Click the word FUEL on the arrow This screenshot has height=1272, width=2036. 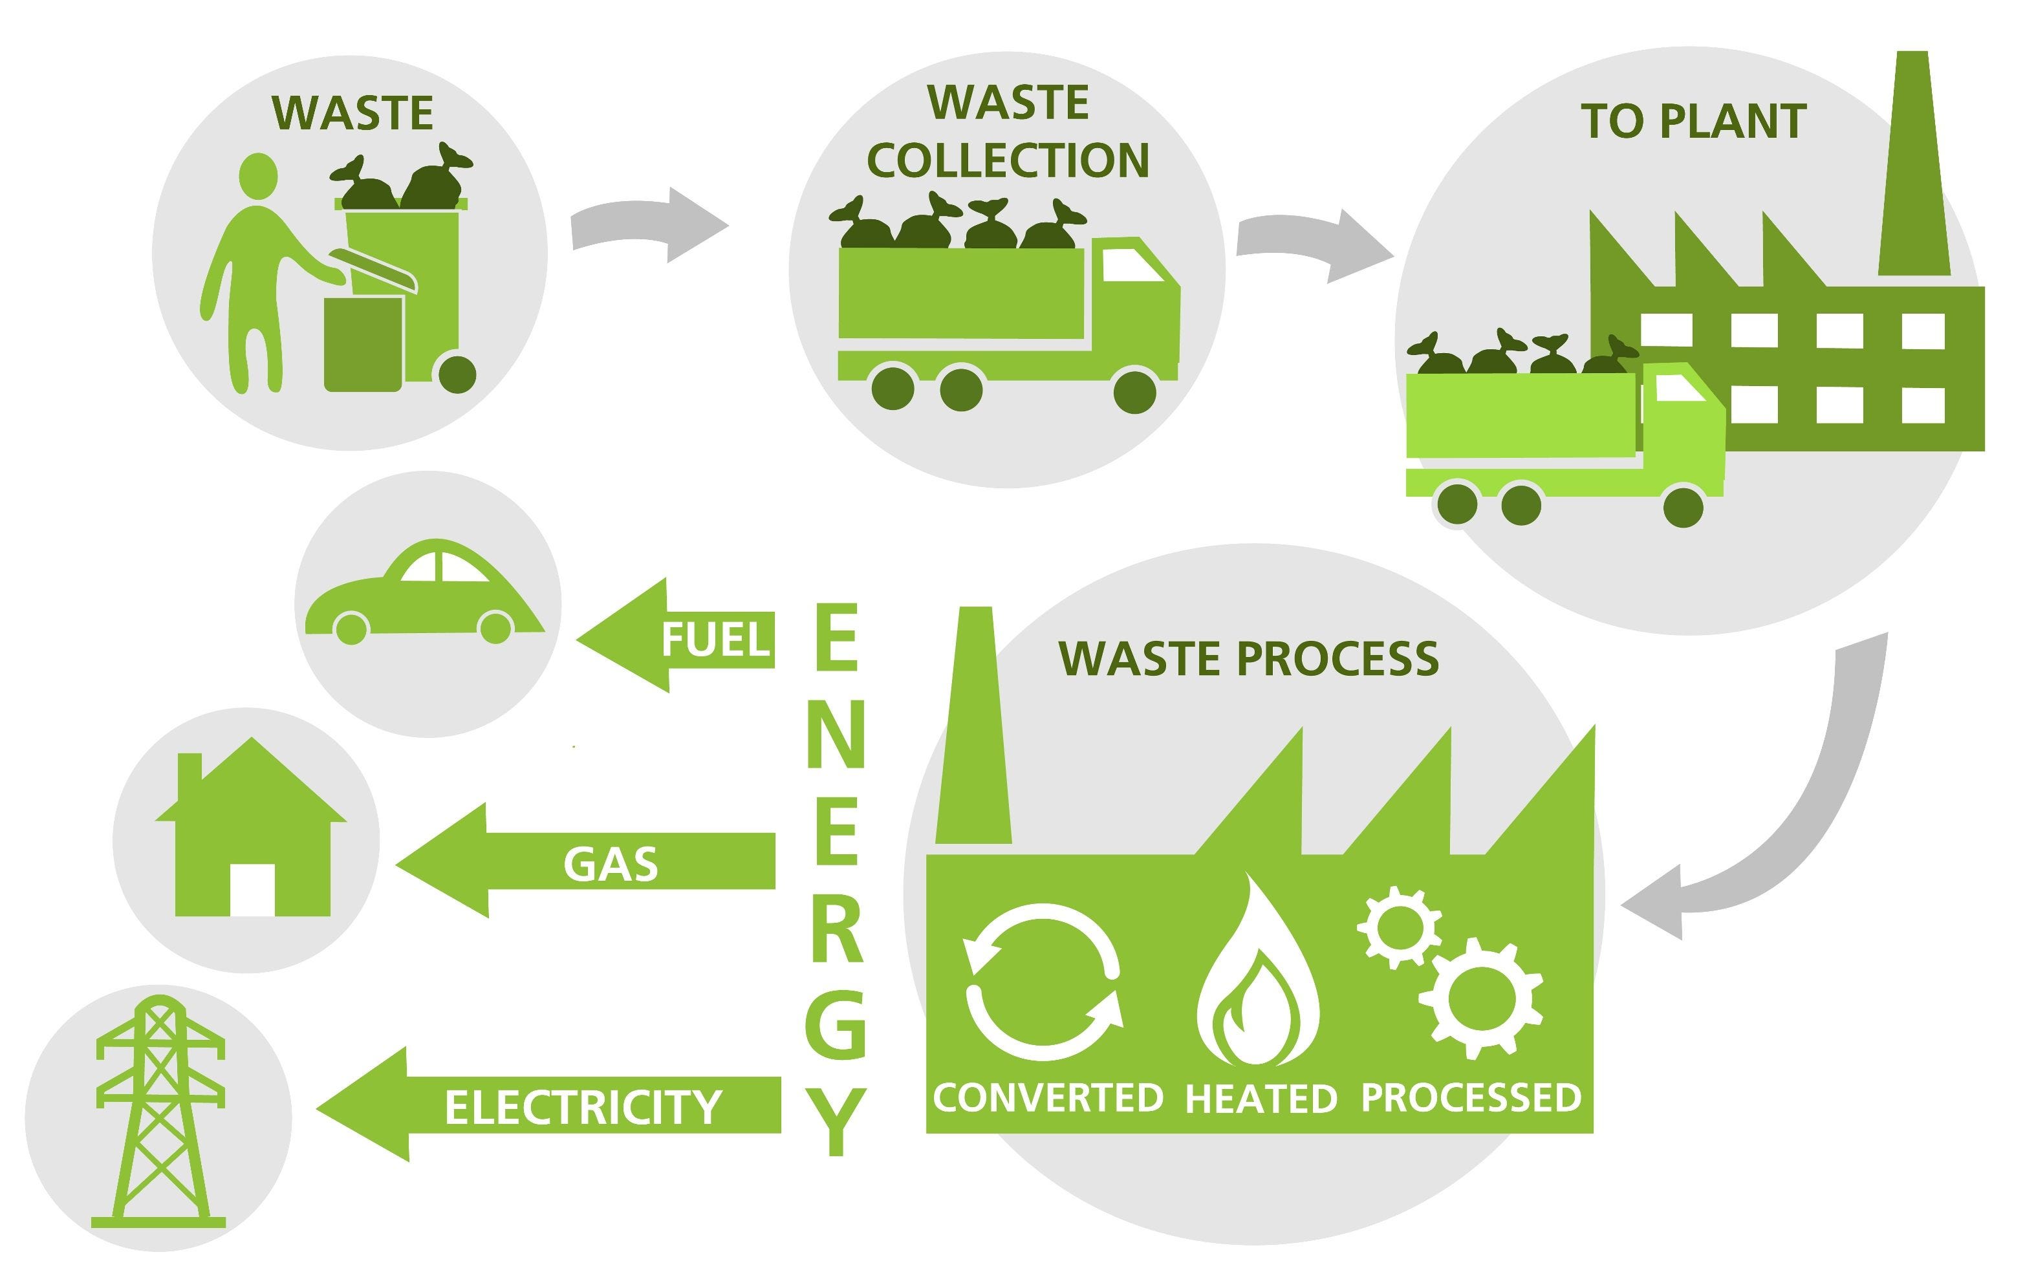click(x=715, y=640)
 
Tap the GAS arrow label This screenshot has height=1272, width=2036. click(x=611, y=864)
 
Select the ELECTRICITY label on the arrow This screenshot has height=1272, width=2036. click(x=583, y=1106)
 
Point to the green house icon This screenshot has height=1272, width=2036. click(x=252, y=833)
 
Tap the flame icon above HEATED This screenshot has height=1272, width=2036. click(x=1259, y=980)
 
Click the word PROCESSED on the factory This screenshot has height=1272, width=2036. click(x=1471, y=1098)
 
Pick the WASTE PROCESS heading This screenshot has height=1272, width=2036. click(x=1248, y=659)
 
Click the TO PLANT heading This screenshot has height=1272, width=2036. click(x=1694, y=122)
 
